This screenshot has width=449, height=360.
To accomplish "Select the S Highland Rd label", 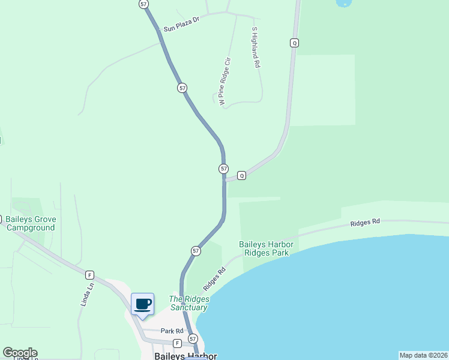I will click(x=255, y=47).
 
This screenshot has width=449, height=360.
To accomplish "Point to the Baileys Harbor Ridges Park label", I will click(x=264, y=248).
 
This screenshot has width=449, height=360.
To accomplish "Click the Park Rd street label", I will click(x=172, y=331).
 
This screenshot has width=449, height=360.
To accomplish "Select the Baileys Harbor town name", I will click(x=185, y=355).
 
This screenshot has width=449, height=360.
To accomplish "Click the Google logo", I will click(x=20, y=353).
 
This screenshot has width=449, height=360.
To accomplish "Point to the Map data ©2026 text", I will click(x=423, y=355).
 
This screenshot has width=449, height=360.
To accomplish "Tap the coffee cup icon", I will click(x=142, y=304).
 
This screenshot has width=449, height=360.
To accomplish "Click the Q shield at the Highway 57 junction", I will click(x=241, y=175).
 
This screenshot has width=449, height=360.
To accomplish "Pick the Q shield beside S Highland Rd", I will click(x=294, y=43).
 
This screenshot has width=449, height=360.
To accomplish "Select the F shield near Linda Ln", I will click(x=89, y=274).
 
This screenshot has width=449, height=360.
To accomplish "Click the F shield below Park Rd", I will click(x=177, y=343).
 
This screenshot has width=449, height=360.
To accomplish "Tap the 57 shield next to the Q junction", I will click(x=223, y=169).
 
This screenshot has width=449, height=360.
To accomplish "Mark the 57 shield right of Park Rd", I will click(x=192, y=339).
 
